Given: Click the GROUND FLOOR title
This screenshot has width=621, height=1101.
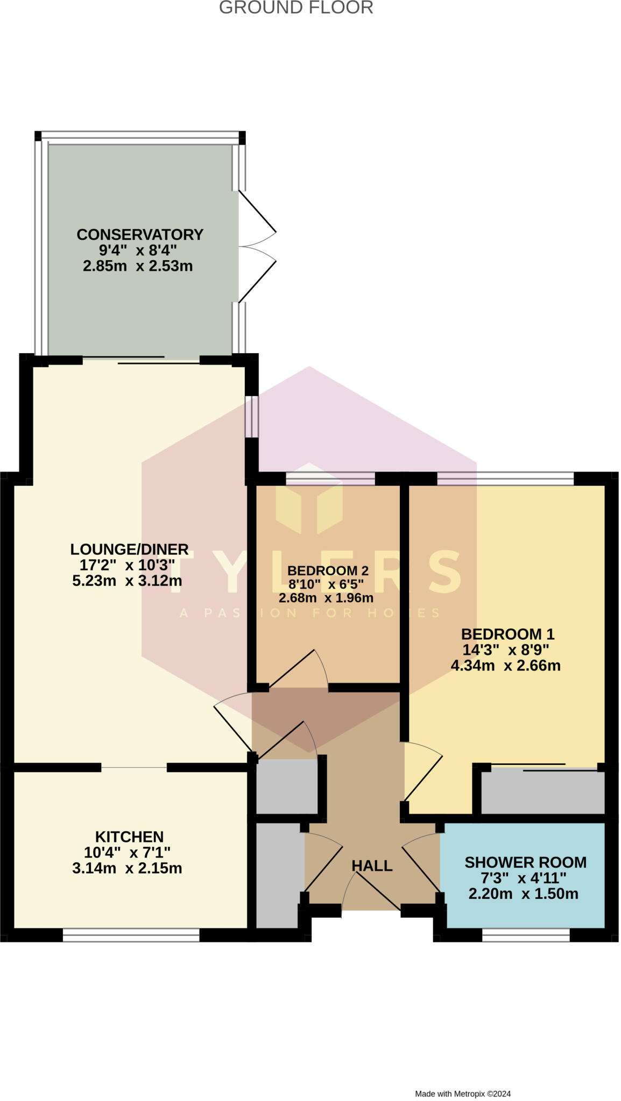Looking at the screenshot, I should (295, 8).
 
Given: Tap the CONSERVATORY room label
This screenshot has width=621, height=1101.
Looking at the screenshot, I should (140, 234).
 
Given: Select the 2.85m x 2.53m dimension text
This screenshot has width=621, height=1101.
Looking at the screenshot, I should (138, 266).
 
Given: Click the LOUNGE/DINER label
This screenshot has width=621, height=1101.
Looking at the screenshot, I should (129, 549).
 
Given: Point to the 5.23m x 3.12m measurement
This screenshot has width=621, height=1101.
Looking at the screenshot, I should (127, 581).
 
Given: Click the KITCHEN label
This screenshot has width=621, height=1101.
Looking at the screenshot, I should (129, 837).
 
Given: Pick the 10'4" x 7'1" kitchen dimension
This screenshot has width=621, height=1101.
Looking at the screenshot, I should (127, 852).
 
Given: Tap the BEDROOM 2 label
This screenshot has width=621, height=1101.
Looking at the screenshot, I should (328, 570).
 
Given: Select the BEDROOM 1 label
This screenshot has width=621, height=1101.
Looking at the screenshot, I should (507, 634).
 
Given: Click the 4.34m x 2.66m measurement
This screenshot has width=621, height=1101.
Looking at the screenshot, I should (505, 666).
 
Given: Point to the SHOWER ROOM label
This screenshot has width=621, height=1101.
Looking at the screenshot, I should (525, 862).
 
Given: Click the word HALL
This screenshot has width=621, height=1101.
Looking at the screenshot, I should (372, 866).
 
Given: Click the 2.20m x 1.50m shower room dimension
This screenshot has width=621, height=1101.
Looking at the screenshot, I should (523, 893).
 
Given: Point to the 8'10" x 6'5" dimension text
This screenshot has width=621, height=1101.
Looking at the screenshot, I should (326, 584).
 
